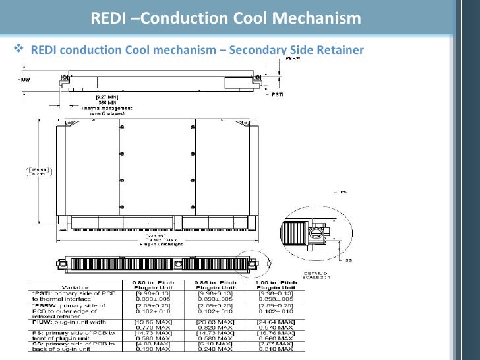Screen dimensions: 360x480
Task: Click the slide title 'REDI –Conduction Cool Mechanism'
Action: [x=225, y=18]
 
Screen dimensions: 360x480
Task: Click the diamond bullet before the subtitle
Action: [x=18, y=49]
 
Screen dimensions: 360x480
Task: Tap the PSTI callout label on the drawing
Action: [x=279, y=94]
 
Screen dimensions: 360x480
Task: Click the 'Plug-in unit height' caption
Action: [x=158, y=243]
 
